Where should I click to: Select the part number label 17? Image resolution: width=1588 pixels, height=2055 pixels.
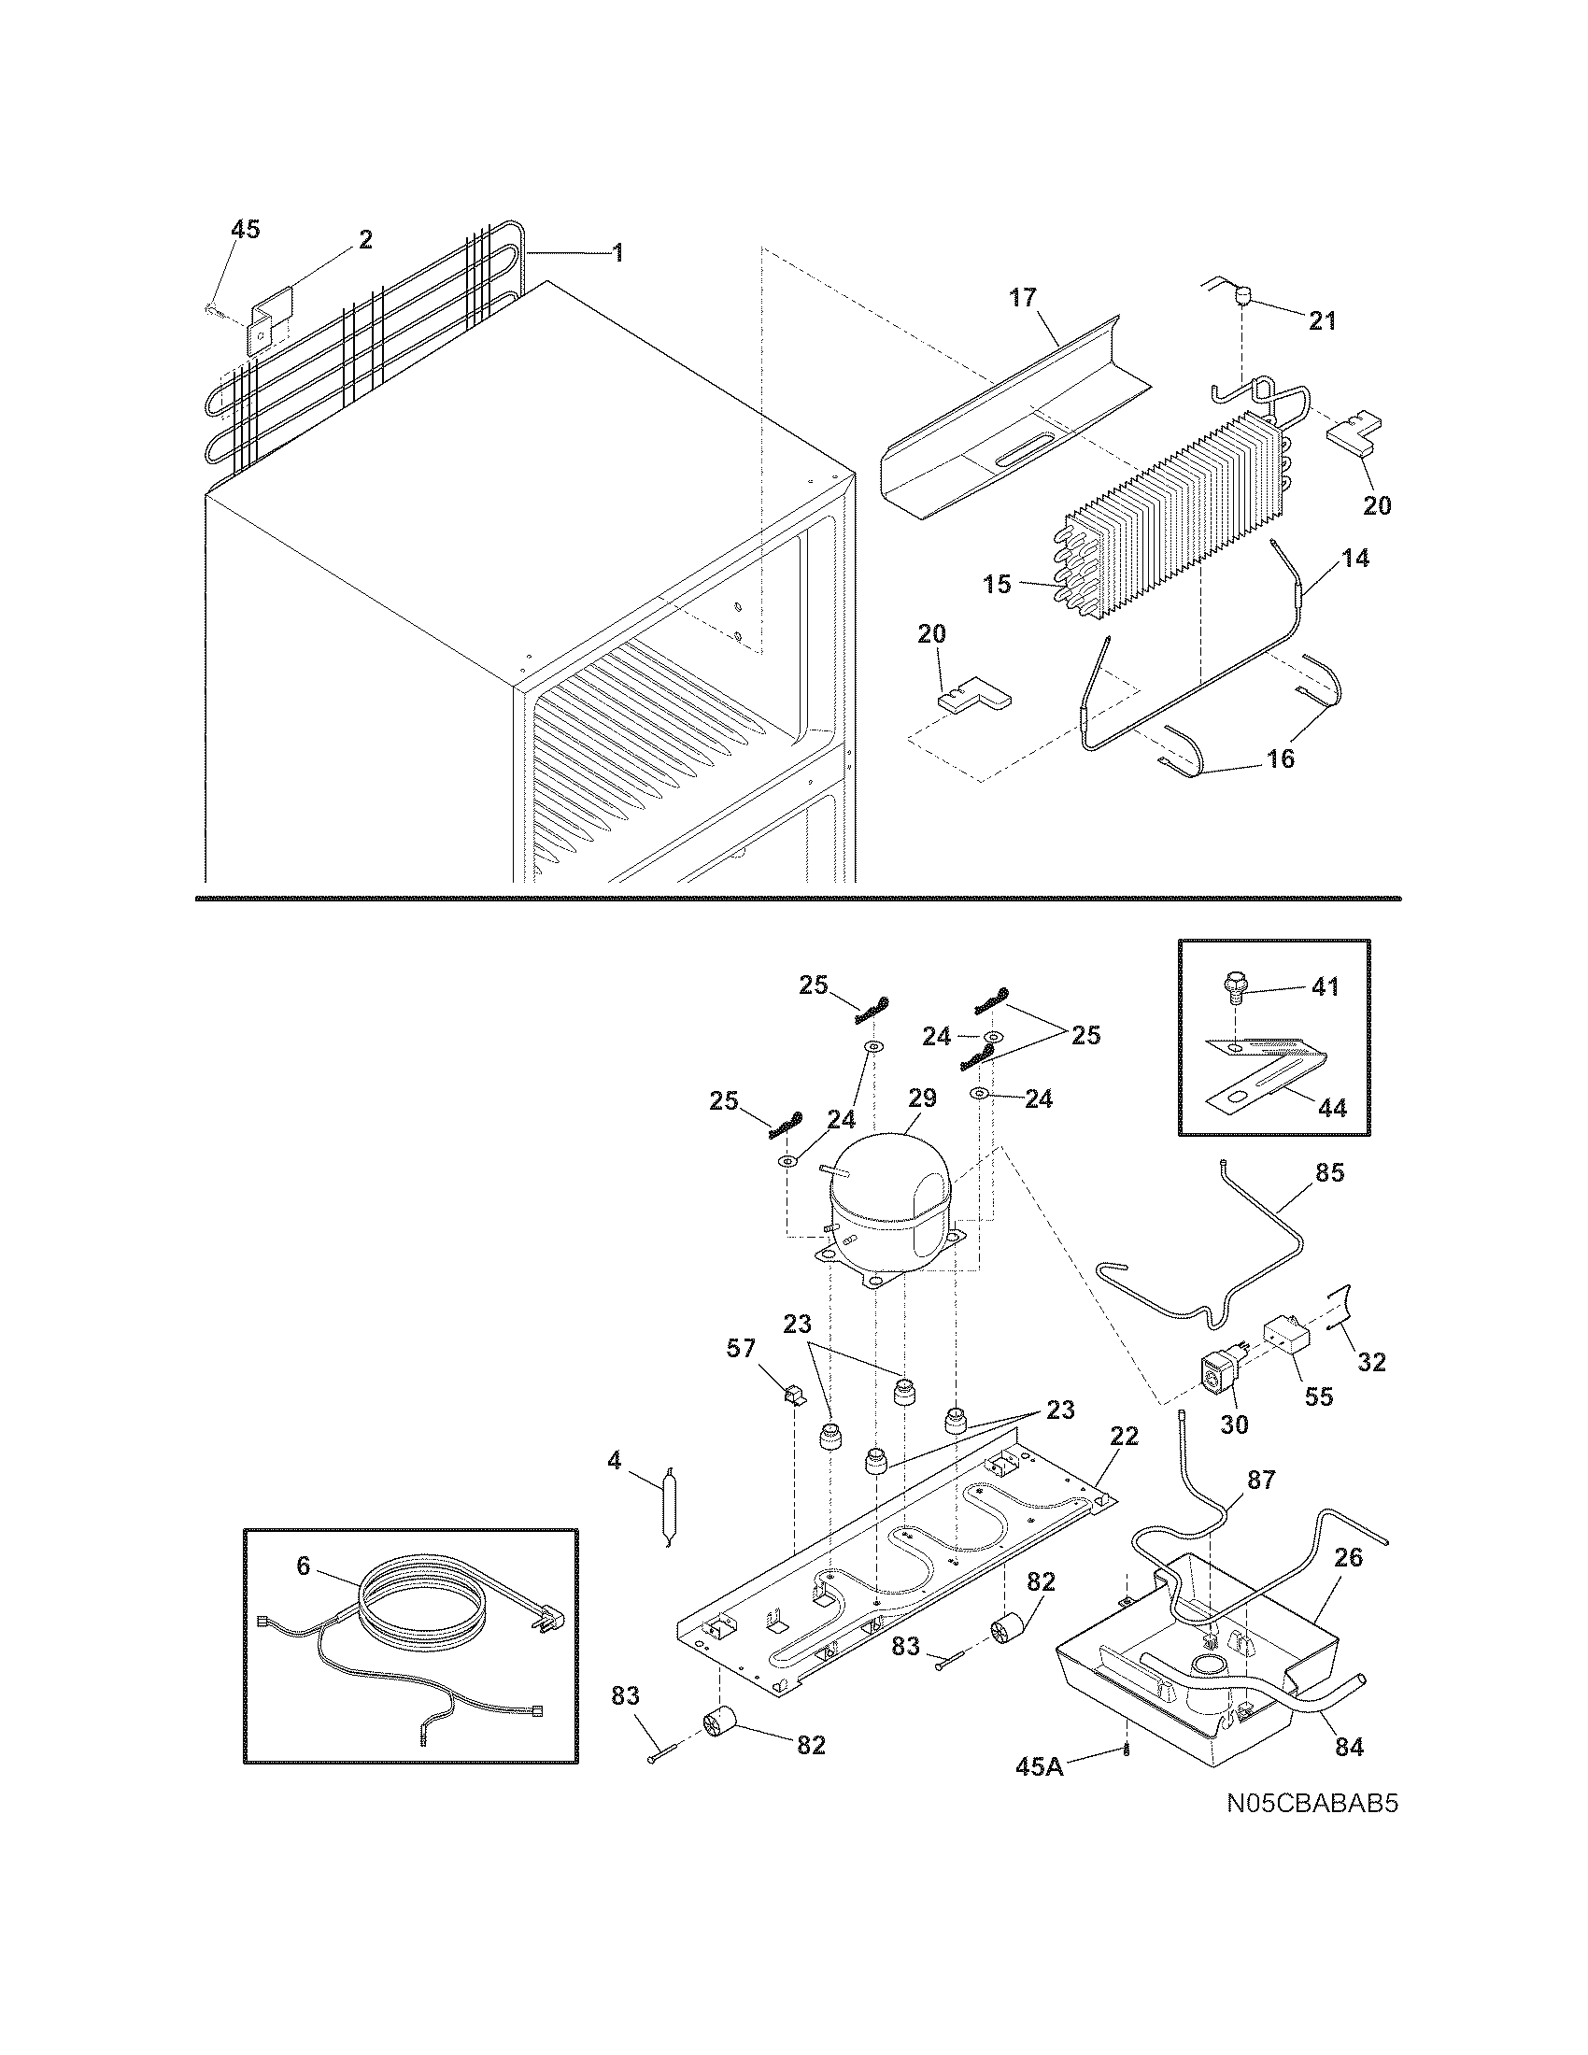point(1023,298)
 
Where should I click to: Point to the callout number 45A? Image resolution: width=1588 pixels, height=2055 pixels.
point(1040,1766)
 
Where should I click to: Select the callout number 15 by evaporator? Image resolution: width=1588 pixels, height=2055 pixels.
point(997,585)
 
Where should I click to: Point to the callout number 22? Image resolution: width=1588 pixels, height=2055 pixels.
point(1123,1436)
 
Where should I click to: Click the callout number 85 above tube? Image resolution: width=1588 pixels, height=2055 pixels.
point(1329,1173)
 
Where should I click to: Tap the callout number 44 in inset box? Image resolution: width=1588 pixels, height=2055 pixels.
point(1331,1109)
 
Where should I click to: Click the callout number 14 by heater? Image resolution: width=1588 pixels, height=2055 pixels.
point(1354,558)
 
